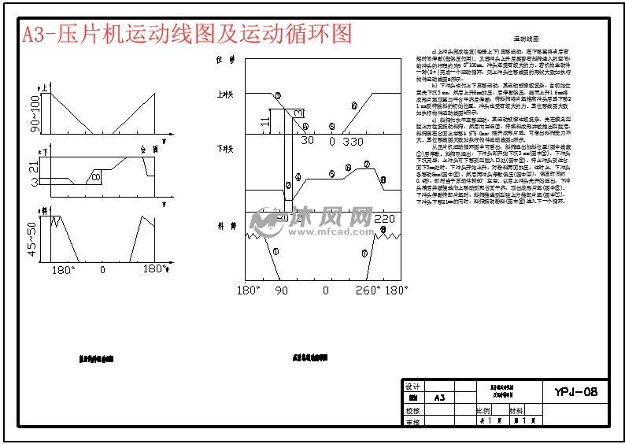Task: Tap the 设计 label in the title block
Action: (412, 387)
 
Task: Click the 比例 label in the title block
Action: (483, 410)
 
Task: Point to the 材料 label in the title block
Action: (516, 410)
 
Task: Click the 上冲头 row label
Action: (226, 94)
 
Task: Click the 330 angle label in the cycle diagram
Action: (353, 141)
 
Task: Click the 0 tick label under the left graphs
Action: (102, 270)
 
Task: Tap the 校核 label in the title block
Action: (412, 410)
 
